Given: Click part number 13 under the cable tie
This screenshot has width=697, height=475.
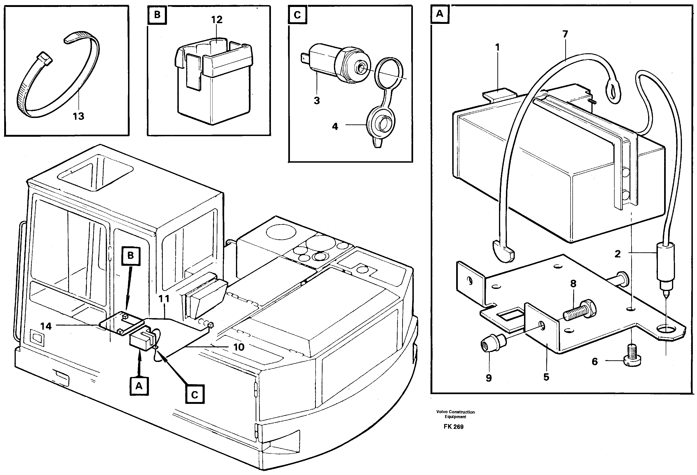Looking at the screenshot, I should click(x=78, y=116).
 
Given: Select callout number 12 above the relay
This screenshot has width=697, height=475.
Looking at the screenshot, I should click(x=217, y=20).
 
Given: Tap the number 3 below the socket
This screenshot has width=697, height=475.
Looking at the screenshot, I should click(x=317, y=101).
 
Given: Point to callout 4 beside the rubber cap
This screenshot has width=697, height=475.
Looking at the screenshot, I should click(x=335, y=127).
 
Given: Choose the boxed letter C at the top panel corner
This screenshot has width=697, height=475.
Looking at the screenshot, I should click(x=297, y=15).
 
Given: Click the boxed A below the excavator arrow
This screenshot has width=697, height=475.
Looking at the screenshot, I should click(x=139, y=386).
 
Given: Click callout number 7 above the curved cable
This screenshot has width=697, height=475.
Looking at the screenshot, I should click(x=565, y=35).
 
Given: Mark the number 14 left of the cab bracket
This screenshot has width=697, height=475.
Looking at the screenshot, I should click(x=46, y=326).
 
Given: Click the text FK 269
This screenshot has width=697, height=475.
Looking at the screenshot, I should click(x=453, y=427).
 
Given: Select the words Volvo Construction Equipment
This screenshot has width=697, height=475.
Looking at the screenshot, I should click(x=455, y=414).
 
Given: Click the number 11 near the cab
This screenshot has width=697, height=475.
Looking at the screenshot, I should click(x=164, y=299).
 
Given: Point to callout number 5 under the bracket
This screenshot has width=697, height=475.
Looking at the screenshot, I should click(x=546, y=377).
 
